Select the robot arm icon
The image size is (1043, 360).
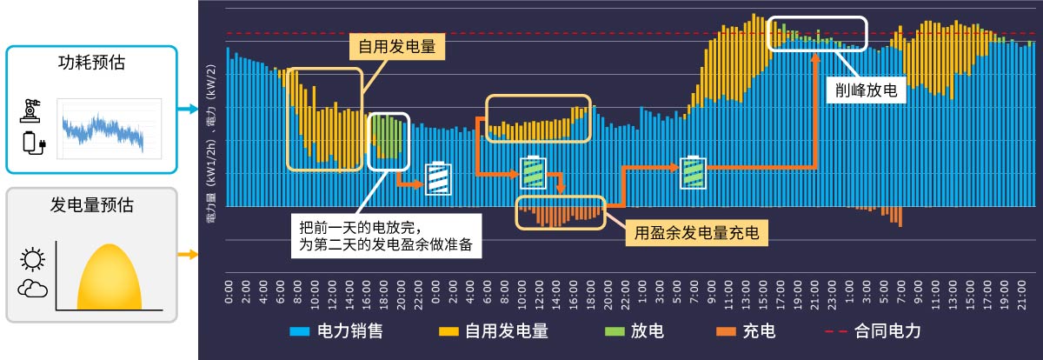pos(32,110)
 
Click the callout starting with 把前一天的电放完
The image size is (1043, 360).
pos(384,232)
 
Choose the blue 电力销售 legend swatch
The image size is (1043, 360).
pos(300,331)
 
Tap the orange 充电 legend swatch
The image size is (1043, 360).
pos(724,331)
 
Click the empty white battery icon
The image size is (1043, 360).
pos(438,178)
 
